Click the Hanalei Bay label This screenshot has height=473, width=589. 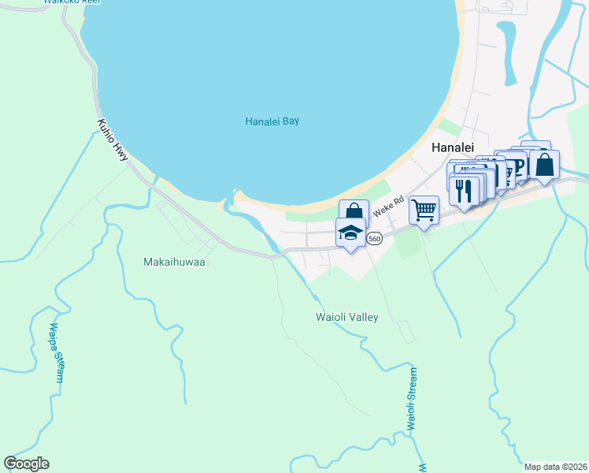pyautogui.click(x=272, y=121)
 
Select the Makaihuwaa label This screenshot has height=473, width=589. pyautogui.click(x=174, y=262)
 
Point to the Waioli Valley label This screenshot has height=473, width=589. pyautogui.click(x=347, y=317)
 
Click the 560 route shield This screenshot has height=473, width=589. pyautogui.click(x=375, y=238)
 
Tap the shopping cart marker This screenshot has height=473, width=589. pyautogui.click(x=424, y=210)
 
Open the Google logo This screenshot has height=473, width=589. pyautogui.click(x=26, y=464)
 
